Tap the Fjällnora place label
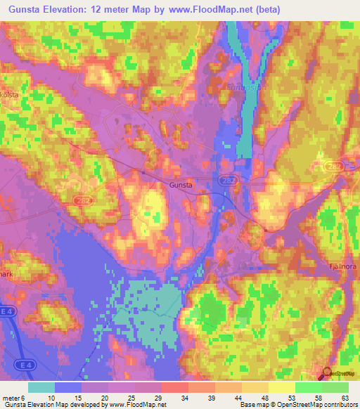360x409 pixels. (x=344, y=267)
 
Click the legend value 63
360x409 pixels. (x=345, y=398)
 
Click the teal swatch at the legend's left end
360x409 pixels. (x=41, y=387)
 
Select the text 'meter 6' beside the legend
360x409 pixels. (x=15, y=398)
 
